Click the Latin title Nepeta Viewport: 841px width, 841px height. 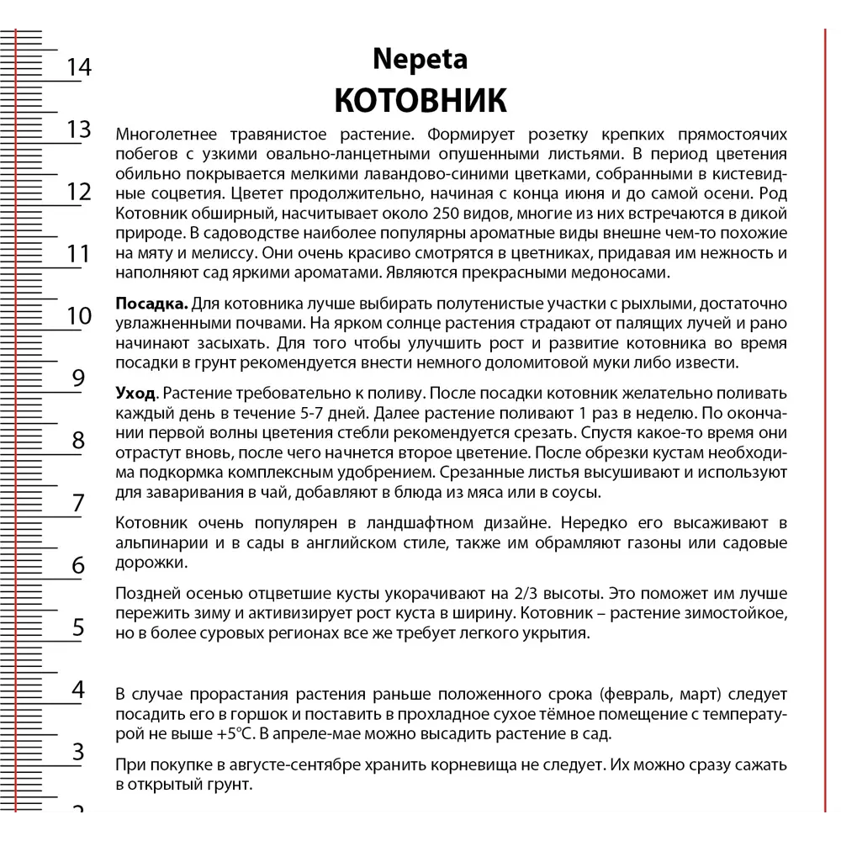pos(420,61)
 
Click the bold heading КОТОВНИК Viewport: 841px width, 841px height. pos(420,99)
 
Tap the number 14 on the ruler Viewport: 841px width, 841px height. pos(78,67)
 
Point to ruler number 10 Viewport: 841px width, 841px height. pos(78,316)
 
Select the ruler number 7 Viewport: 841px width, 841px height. pos(78,503)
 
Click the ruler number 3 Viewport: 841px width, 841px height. pos(78,752)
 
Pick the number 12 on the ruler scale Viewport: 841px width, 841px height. pos(78,192)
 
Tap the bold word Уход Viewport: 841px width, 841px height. pos(135,393)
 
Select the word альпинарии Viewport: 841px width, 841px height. pos(160,542)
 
